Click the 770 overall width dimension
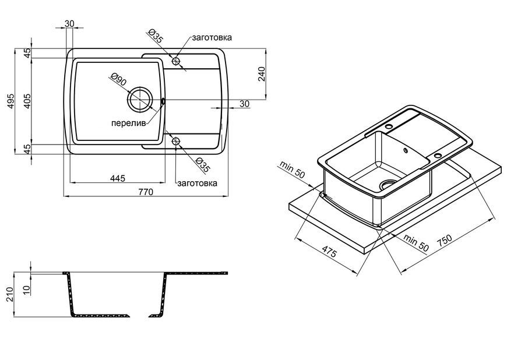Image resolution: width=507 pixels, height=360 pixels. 146,192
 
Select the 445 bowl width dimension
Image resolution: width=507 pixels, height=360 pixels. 117,178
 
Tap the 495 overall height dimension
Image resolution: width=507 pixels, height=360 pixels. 10,101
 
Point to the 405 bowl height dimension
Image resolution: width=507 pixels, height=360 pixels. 27,101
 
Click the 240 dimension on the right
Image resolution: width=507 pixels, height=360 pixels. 261,74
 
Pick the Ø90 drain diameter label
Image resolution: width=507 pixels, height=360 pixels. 118,79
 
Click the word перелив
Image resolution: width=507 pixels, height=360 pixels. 128,123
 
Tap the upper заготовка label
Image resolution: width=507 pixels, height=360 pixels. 212,37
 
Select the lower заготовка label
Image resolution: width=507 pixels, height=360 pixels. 197,183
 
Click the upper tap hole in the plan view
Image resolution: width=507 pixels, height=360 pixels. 176,61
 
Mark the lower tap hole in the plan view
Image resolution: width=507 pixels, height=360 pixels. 176,141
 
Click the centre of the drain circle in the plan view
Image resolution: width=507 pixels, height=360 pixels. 140,100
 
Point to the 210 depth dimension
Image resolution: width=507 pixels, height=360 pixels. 10,294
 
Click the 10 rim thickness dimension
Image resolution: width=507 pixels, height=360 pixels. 27,288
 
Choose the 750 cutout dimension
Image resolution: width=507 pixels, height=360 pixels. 444,241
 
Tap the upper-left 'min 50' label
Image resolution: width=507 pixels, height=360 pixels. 292,170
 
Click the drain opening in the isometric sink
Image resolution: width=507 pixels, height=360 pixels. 388,184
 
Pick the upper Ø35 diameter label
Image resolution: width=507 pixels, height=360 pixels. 155,36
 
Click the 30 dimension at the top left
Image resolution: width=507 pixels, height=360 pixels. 69,23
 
